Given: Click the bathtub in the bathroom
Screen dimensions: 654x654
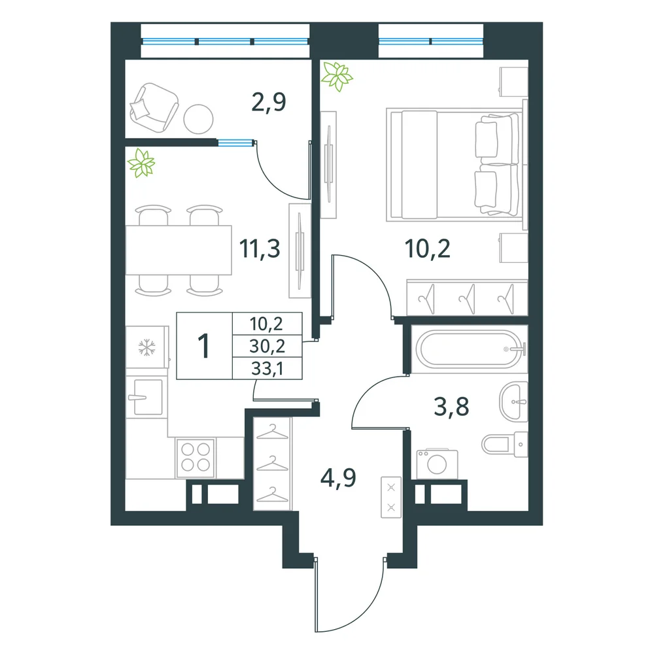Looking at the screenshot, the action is pos(470,349).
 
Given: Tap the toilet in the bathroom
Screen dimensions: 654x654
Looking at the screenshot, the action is pos(505,444).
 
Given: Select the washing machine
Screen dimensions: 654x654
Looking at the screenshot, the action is pos(437,464).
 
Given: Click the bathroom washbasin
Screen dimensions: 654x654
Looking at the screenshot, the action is pos(514,402).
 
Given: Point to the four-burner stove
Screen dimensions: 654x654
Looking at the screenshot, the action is pos(196,458).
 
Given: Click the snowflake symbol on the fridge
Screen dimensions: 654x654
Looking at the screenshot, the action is pos(146,347).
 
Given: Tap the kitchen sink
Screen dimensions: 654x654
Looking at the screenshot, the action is pos(145,397).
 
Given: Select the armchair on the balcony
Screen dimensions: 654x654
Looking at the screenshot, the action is pos(154,107).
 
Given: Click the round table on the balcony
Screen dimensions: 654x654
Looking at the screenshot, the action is pos(199,119).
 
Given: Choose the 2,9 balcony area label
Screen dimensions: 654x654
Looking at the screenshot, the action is pos(269,102).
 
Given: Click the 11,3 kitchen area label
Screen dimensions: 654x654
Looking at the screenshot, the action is pos(260,249).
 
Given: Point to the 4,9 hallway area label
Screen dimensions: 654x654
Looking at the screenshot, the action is pos(338,478).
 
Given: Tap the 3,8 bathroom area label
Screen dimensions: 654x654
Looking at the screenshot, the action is pos(451,407).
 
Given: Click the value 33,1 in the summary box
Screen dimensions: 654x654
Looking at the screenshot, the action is pos(267,369).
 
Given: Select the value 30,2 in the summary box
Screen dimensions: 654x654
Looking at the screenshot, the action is pos(267,346).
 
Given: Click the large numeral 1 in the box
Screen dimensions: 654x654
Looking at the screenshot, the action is pos(203,346).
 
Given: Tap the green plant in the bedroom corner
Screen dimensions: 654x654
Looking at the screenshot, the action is pos(337,76).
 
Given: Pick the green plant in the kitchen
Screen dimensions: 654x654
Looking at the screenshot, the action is pos(141,163).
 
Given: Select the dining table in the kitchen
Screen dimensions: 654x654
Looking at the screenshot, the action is pos(179,250).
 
